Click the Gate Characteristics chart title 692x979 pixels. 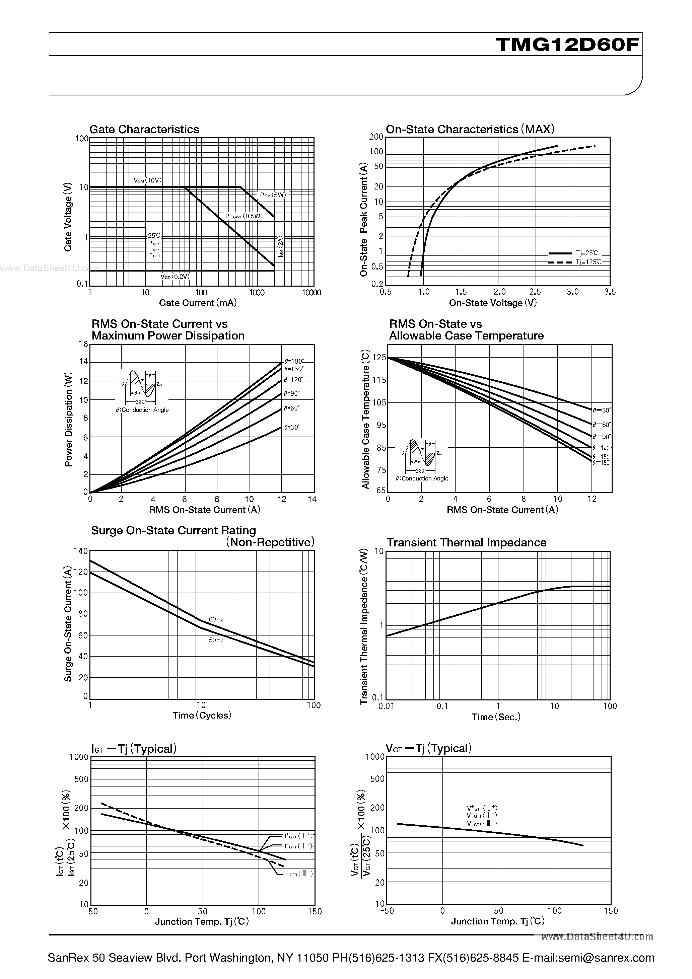pos(144,129)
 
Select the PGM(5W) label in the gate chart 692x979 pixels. pos(273,195)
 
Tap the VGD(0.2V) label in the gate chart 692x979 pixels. pos(175,277)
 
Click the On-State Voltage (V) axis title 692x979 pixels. pos(493,303)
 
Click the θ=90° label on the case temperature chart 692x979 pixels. pos(602,437)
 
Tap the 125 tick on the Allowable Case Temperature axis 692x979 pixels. pos(379,358)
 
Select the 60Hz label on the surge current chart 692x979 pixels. pos(216,619)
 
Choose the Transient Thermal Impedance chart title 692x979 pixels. pos(466,543)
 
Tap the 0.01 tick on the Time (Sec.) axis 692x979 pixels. pos(386,706)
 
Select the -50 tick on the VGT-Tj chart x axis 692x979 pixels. pos(387,911)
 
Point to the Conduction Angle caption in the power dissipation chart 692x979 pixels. pos(142,410)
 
